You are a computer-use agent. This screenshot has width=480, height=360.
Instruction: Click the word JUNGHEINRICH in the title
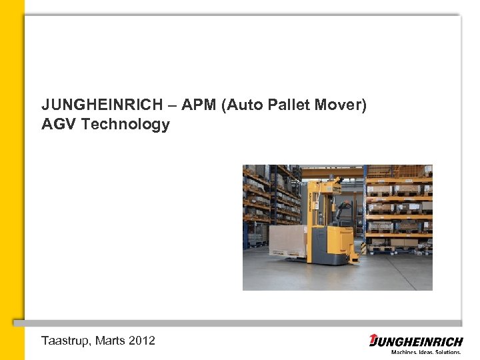[92, 105]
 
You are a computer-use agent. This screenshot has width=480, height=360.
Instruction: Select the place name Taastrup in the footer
[64, 341]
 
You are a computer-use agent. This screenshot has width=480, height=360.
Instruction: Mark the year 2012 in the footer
[143, 341]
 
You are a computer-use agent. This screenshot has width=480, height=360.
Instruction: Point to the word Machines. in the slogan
[405, 352]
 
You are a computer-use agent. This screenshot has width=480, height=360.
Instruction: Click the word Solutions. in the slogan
[449, 352]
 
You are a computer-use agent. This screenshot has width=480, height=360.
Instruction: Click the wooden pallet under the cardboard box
[287, 253]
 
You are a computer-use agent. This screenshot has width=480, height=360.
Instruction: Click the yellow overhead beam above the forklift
[333, 172]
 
